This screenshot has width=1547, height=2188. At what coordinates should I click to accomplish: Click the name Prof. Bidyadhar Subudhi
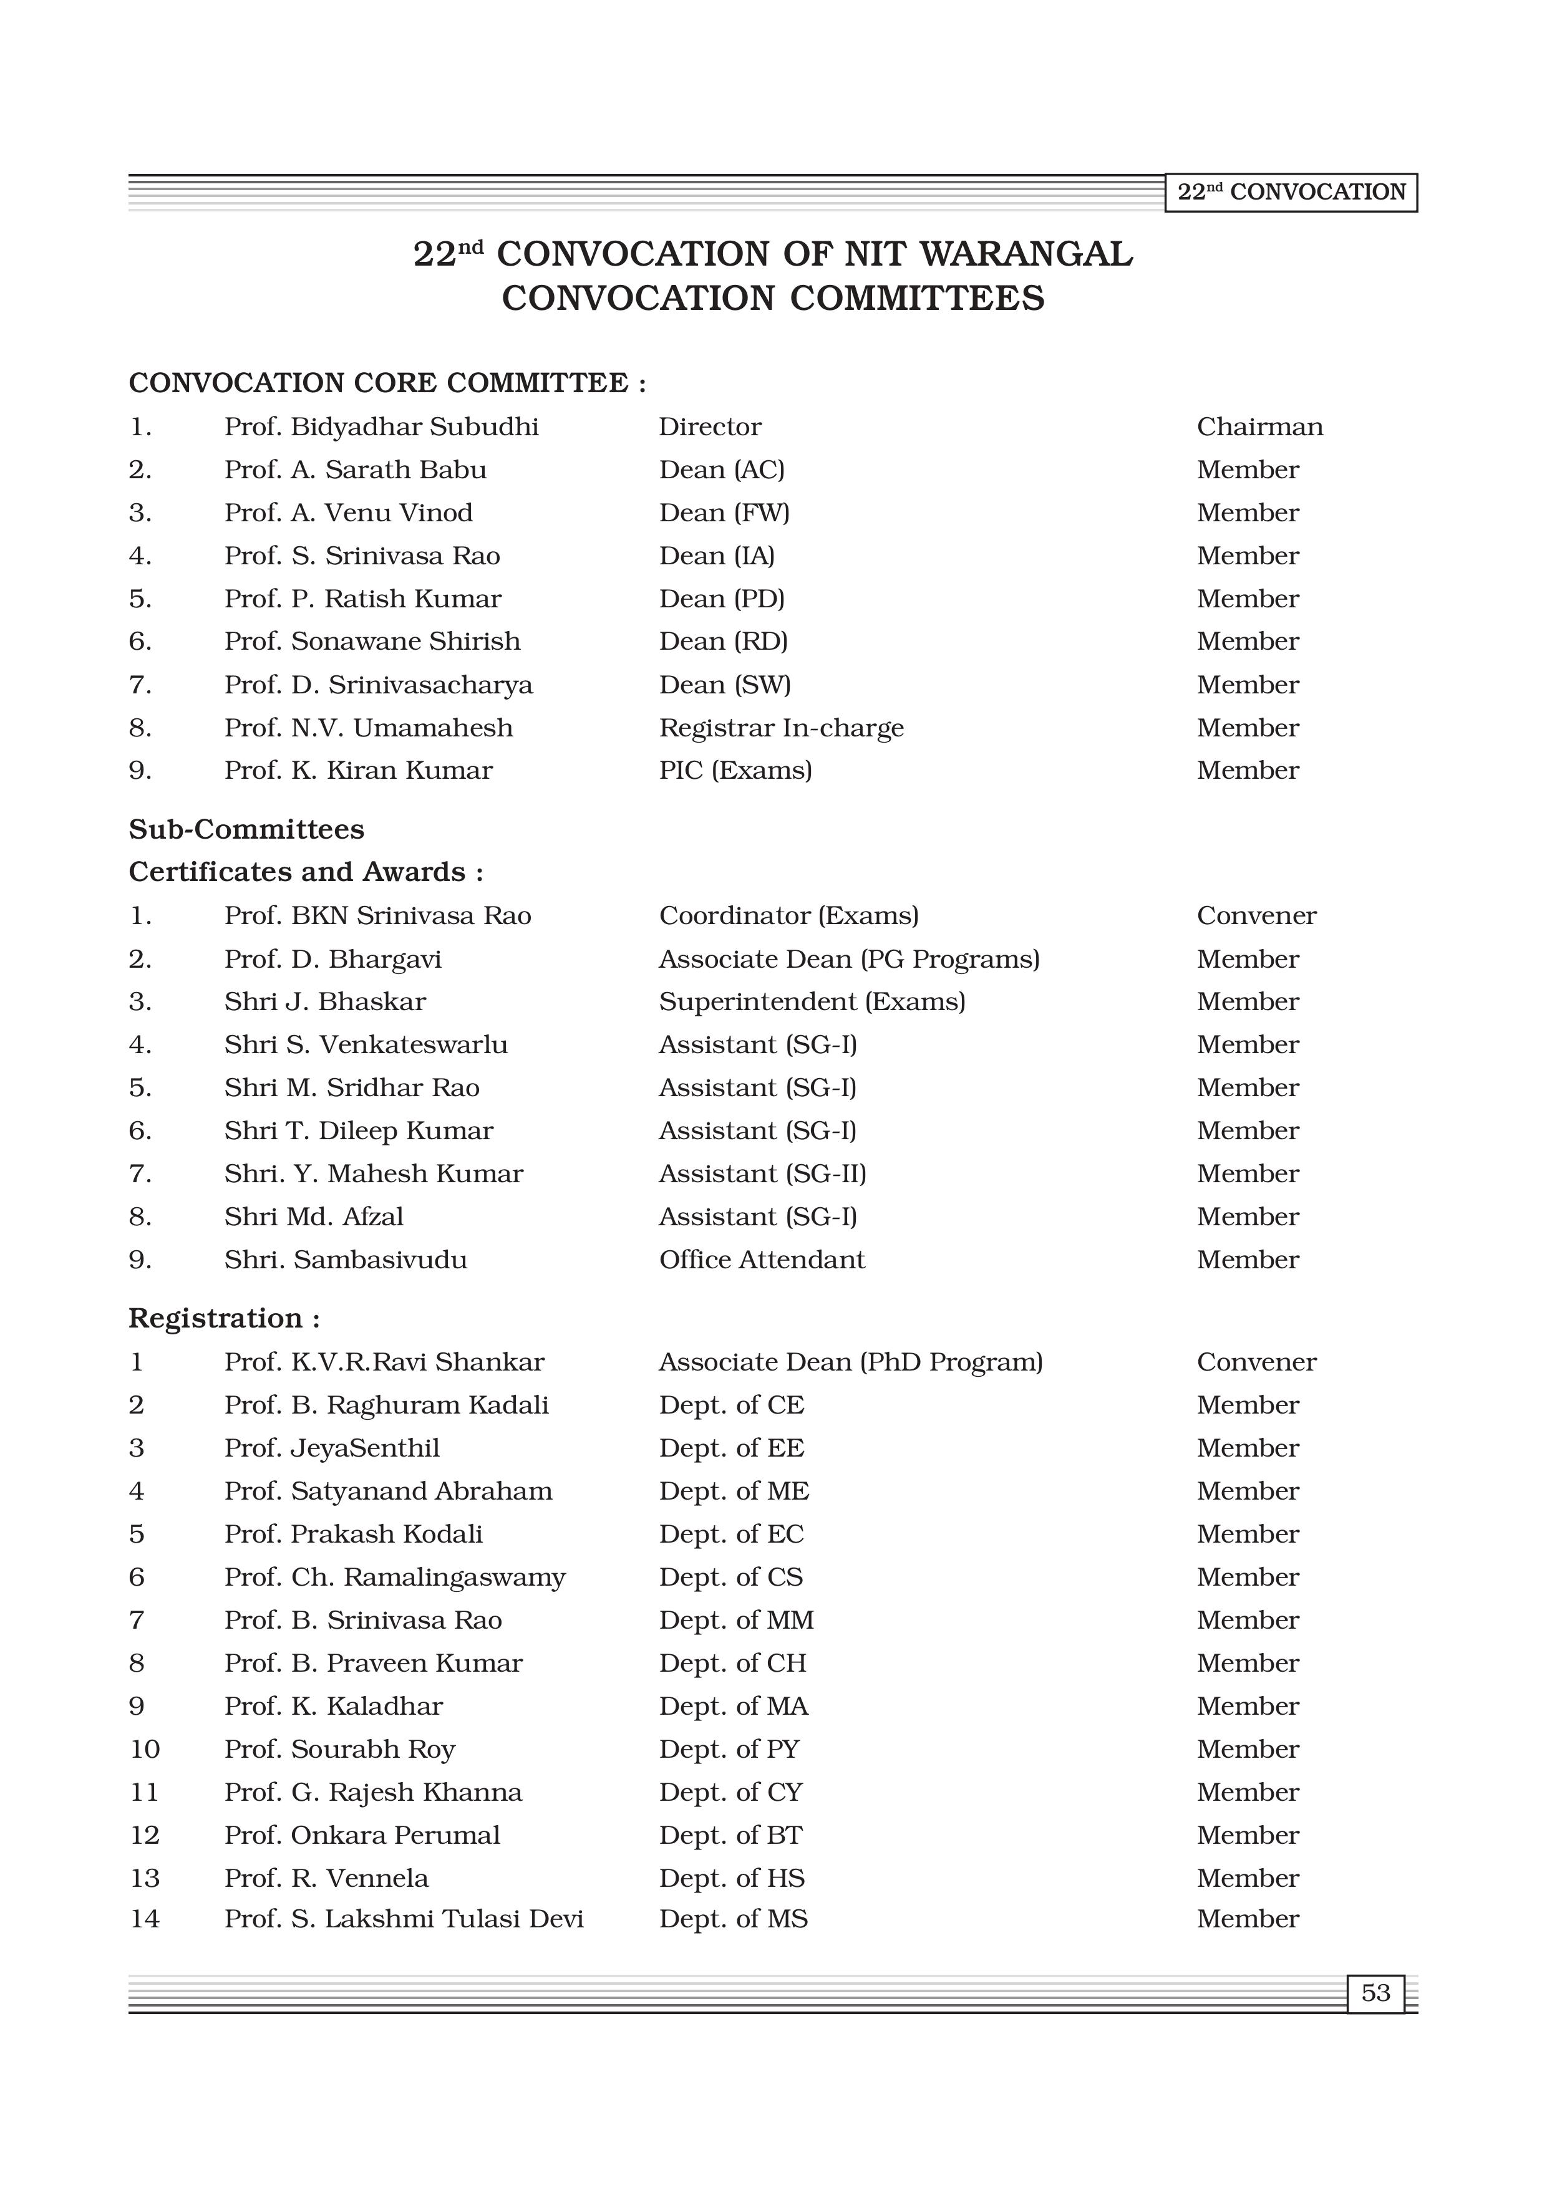pos(381,427)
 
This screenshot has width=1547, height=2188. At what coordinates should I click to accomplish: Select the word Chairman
pos(1259,427)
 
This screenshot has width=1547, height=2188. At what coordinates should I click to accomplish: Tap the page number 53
pos(1375,1993)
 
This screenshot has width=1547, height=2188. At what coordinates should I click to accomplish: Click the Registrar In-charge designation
pos(780,728)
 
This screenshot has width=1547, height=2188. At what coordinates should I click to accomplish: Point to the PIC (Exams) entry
pos(735,771)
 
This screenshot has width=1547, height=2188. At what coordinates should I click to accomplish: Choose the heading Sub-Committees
pos(246,829)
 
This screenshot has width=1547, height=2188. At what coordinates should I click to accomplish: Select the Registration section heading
pos(224,1319)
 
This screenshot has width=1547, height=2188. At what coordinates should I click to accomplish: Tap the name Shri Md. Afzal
pos(314,1217)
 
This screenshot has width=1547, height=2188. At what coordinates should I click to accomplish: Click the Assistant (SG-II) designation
pos(762,1174)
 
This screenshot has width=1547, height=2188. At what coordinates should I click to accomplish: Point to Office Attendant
pos(762,1260)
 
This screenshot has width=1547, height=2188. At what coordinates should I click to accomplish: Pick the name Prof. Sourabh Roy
pos(339,1750)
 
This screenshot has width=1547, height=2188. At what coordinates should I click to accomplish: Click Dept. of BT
pos(730,1836)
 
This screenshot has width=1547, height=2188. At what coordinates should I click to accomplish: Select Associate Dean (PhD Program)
pos(850,1362)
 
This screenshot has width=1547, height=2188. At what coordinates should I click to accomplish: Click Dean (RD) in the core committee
pos(722,642)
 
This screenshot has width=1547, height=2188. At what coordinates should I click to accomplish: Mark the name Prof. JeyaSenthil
pos(332,1448)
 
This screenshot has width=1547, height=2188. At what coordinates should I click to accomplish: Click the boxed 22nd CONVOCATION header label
pos(1291,193)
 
